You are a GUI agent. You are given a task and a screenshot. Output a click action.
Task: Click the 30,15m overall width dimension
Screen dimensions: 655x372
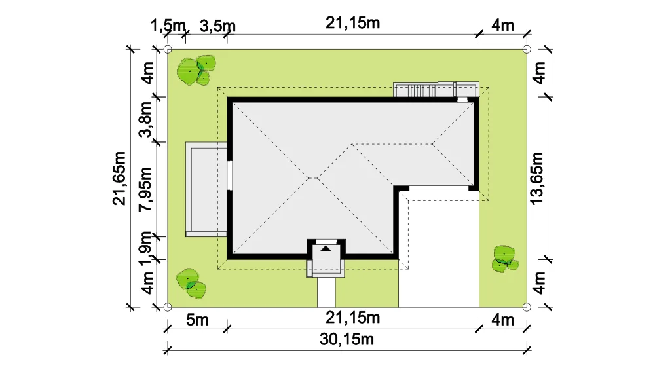(346, 339)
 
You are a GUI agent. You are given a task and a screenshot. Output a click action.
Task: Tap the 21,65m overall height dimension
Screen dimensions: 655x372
(119, 178)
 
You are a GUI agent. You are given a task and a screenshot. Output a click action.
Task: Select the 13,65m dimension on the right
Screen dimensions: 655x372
(537, 178)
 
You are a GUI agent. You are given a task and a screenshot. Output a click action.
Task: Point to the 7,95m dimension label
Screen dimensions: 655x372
(145, 189)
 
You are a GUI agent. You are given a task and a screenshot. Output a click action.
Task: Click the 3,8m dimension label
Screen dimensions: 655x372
(145, 119)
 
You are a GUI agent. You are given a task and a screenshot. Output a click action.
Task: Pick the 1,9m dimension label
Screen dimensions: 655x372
(145, 248)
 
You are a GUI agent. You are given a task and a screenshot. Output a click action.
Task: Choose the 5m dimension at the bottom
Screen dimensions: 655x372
(197, 320)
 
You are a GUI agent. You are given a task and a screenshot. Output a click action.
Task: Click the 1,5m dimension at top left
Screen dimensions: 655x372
(168, 26)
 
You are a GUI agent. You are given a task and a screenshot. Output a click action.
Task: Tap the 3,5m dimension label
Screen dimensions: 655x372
(217, 26)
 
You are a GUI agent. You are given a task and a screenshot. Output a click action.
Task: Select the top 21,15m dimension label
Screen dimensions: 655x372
(353, 23)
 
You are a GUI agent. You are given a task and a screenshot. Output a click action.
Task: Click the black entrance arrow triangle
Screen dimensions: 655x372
(326, 249)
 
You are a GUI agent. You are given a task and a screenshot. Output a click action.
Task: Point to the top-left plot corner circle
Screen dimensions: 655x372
(168, 50)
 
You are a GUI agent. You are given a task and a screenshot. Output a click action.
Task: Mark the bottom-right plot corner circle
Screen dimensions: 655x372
(527, 307)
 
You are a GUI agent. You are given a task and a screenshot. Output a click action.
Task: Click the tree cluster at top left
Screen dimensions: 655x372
(196, 70)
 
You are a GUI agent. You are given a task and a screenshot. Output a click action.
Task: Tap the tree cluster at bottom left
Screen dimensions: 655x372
(191, 284)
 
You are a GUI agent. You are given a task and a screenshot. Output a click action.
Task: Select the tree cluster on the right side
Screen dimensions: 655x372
(505, 259)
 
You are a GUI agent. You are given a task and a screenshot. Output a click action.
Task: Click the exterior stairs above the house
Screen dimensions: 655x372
(436, 89)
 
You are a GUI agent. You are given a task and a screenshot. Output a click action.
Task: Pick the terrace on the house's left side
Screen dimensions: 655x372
(206, 189)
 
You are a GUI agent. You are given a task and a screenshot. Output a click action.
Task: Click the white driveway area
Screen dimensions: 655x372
(439, 250)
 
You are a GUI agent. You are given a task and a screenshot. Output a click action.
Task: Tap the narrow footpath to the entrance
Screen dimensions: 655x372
(326, 292)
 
